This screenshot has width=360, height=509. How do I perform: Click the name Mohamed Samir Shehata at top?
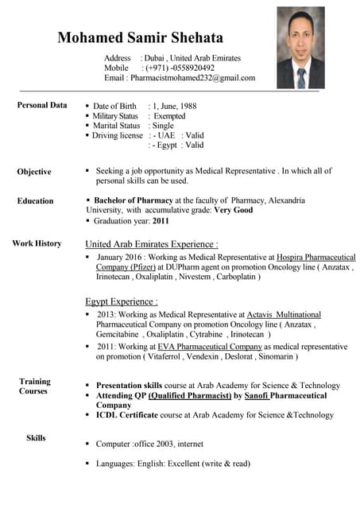(140, 37)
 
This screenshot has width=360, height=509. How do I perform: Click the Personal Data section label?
(42, 105)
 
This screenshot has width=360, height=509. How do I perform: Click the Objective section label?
(34, 172)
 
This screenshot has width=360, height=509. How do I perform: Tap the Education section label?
(35, 201)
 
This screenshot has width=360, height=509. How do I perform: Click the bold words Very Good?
(232, 210)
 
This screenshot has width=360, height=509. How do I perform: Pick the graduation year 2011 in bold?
(161, 220)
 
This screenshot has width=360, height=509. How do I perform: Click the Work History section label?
(37, 243)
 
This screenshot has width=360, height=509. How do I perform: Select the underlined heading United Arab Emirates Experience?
(151, 244)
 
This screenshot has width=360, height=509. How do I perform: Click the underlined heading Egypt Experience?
(121, 301)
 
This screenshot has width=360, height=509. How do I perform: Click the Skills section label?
(36, 438)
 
